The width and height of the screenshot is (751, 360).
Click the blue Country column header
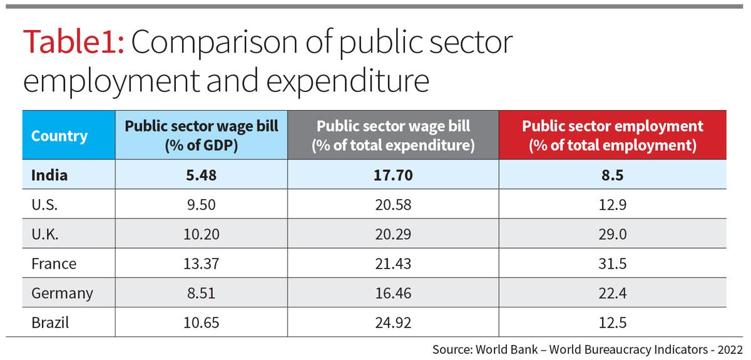59,136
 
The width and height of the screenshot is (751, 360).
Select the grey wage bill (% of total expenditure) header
393,136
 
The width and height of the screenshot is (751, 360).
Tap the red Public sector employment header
613,136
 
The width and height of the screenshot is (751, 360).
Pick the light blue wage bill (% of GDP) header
201,136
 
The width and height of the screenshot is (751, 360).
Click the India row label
49,175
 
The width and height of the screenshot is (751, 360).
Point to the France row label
54,264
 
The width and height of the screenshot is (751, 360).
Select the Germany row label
62,293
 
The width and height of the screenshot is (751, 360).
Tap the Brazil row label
50,323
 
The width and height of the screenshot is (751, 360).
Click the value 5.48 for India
201,175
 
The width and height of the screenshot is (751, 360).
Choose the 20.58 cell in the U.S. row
393,205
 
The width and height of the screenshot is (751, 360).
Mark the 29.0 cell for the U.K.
613,234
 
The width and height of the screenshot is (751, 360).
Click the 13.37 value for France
201,264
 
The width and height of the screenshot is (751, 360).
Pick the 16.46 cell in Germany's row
393,293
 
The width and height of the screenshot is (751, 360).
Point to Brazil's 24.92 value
393,323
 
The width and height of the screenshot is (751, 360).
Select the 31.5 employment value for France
613,264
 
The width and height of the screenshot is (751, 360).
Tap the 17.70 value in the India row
393,175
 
